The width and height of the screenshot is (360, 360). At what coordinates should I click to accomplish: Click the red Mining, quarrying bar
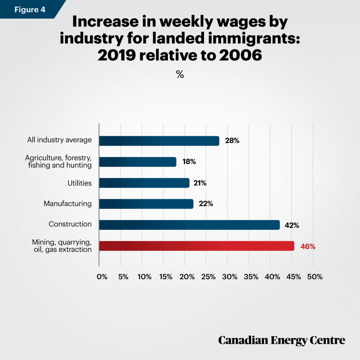197,246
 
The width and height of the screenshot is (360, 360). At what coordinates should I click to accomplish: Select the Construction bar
189,225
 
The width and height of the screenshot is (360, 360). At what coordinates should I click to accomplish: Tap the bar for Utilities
144,183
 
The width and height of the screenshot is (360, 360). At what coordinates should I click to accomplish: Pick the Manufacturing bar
146,204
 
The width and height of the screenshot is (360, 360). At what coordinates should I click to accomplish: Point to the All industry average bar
159,141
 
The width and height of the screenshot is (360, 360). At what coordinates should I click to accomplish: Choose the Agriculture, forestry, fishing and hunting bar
138,162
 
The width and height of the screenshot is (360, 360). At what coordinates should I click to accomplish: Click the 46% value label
308,246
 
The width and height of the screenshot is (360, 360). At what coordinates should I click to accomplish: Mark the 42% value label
292,225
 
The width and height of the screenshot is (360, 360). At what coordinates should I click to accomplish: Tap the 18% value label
189,162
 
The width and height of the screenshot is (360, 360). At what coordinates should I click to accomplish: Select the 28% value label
232,141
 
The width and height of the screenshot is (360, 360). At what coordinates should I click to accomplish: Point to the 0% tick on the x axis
102,277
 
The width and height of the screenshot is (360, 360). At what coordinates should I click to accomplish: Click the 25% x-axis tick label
208,277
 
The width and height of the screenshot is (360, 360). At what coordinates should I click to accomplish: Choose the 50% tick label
315,277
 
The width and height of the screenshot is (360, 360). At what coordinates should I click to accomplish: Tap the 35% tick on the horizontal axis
251,277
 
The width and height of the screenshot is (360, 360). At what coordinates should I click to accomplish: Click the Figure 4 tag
30,9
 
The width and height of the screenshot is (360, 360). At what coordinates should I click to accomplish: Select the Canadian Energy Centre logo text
282,340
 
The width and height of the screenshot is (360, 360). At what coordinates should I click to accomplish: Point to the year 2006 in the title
240,55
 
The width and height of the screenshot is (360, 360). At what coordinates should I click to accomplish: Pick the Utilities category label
79,183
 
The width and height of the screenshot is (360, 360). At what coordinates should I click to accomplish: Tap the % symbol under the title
180,74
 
